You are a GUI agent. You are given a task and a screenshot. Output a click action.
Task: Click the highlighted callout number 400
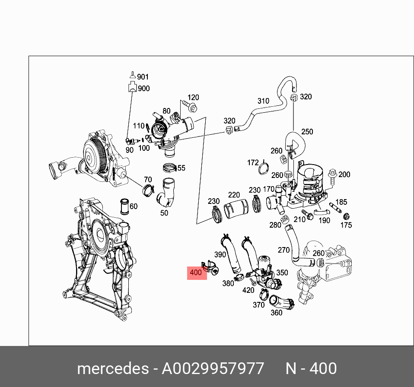coord(196,273)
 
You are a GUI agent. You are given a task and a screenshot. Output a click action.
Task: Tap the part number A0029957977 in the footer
coord(213,369)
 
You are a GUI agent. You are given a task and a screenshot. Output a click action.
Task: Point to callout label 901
coord(143,77)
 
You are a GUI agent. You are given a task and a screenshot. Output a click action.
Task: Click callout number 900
coord(143,89)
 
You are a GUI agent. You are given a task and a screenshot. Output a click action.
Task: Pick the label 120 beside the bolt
coord(193,98)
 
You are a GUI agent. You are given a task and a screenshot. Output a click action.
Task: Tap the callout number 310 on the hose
coord(263,101)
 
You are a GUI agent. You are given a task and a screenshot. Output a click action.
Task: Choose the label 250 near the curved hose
coord(307,132)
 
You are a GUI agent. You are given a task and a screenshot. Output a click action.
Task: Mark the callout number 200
coord(344,174)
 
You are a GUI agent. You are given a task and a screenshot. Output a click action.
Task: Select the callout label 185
coord(341,202)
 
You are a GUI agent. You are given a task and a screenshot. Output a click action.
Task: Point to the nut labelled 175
coord(346,216)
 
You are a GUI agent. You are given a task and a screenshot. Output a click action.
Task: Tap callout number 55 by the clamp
coord(181,168)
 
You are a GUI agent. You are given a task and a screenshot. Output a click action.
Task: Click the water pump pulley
coord(93,151)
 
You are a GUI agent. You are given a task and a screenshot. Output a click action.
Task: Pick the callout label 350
coord(282,273)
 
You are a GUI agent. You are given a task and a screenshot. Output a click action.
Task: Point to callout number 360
coord(276,312)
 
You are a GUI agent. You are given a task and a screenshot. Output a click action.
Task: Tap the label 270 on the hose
coord(283,250)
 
